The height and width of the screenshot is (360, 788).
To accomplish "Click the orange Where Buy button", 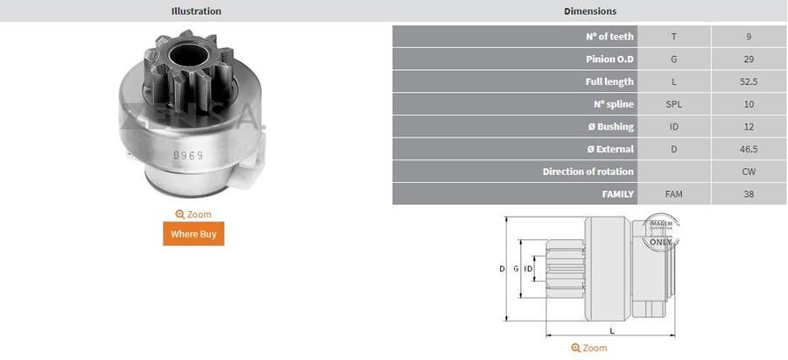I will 193,234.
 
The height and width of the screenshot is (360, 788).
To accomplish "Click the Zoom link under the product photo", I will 193,215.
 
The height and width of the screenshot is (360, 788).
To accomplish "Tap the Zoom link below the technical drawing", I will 588,349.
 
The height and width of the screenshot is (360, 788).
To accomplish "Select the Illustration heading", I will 196,11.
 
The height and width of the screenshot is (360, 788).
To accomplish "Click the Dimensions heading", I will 590,11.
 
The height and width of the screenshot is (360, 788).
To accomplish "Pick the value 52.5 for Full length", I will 749,82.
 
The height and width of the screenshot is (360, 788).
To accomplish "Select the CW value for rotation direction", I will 749,172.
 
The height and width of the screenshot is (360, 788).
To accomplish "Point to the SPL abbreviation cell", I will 673,104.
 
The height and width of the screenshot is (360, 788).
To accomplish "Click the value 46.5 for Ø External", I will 749,149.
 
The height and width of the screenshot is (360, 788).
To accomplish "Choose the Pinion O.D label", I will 609,60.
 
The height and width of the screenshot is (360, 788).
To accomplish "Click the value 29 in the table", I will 749,60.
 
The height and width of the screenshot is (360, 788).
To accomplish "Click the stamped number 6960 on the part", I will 187,156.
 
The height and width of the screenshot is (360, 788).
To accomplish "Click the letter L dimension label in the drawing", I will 612,330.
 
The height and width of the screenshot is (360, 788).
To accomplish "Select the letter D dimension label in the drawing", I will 502,269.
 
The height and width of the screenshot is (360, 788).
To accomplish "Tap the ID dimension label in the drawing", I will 528,269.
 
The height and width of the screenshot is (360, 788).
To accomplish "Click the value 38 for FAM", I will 749,194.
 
